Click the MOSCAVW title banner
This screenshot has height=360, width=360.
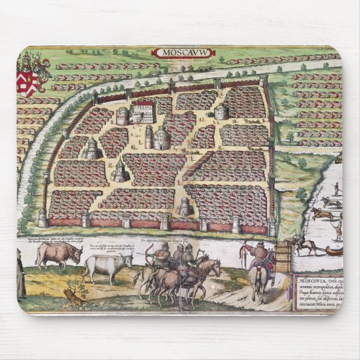tap(179, 52)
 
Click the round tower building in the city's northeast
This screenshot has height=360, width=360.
tap(221, 111)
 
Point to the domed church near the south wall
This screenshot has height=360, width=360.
tap(184, 206)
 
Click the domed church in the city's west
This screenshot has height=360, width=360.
tap(91, 150)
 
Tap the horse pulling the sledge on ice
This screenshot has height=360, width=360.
tap(298, 244)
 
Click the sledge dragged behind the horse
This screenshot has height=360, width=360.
tap(333, 251)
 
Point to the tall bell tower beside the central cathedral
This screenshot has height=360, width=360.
tap(149, 137)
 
